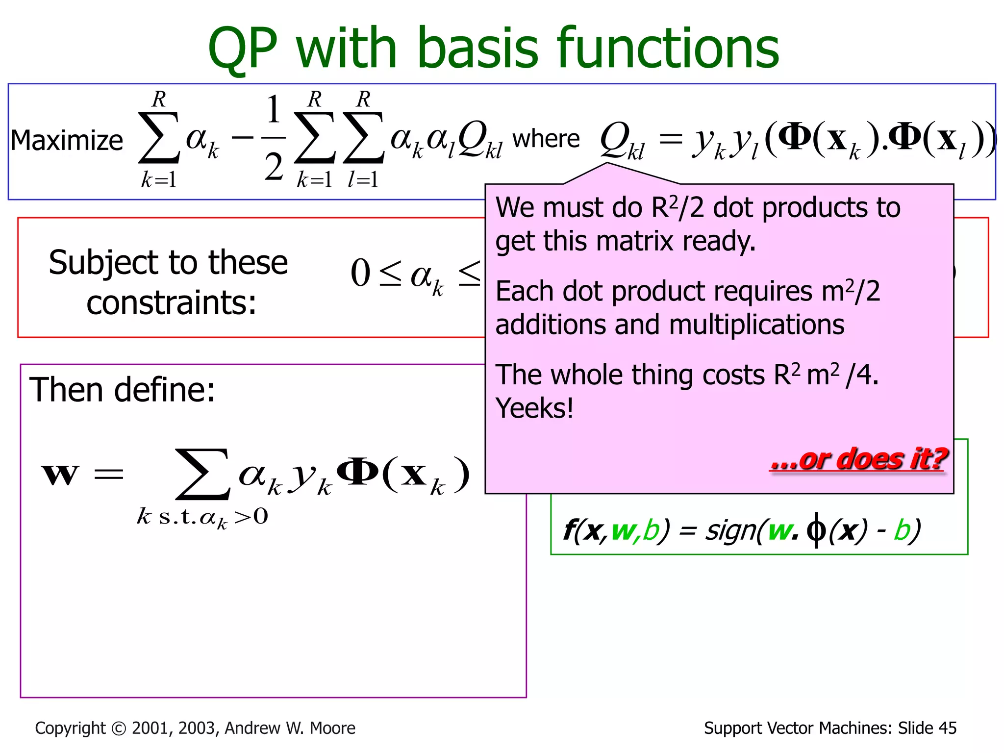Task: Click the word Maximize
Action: (x=67, y=141)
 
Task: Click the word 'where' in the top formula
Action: (x=546, y=139)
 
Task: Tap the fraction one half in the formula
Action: (x=274, y=138)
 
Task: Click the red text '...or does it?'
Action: (x=858, y=460)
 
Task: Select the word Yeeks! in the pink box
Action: (x=534, y=408)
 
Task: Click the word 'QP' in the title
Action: (x=242, y=49)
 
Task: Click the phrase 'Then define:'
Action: (x=122, y=390)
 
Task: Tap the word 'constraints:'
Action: (x=172, y=302)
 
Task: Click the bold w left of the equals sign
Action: (x=60, y=475)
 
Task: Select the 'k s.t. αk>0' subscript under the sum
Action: (x=202, y=517)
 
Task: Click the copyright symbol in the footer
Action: (x=119, y=728)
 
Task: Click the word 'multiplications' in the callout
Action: (x=756, y=325)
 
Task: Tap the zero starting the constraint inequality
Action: (x=360, y=274)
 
